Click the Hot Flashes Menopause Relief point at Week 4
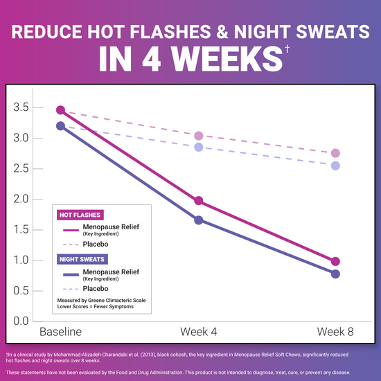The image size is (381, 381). click(x=198, y=201)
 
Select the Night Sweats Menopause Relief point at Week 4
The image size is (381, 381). click(x=198, y=220)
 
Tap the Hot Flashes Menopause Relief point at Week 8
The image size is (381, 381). click(x=335, y=261)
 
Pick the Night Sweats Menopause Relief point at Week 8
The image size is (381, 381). click(x=335, y=274)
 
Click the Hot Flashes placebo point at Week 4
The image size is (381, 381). click(x=198, y=136)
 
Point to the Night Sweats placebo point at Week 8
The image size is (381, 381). click(x=335, y=166)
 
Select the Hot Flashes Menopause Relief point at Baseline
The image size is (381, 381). click(x=60, y=110)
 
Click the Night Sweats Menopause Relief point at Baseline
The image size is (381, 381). click(x=60, y=126)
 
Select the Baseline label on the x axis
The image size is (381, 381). click(x=60, y=332)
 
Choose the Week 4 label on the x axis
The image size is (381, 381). click(x=198, y=332)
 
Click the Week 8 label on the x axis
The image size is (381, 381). click(x=335, y=332)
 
